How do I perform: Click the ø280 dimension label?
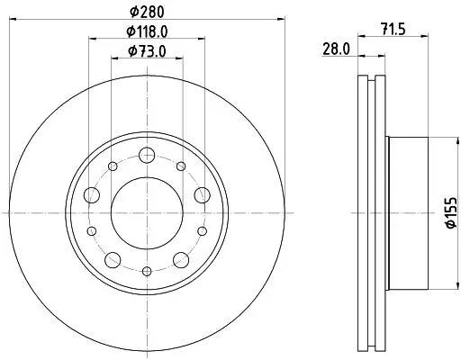[147, 12]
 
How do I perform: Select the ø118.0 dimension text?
[147, 31]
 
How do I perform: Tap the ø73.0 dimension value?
[147, 51]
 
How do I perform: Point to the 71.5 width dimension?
[393, 30]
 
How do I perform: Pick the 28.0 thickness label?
[336, 49]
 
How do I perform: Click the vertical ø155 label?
[451, 212]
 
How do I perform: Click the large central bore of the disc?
[147, 213]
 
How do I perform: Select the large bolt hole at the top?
[147, 156]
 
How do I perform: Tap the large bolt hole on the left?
[92, 195]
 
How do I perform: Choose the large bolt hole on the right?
[202, 195]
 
